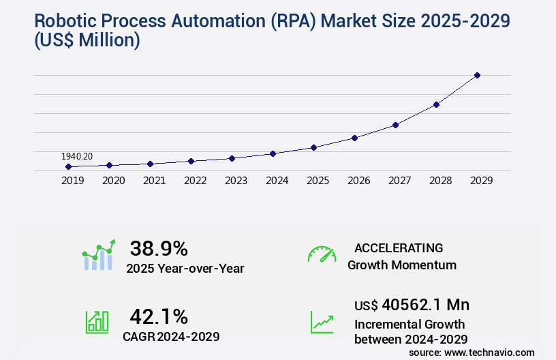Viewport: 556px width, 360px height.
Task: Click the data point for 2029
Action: pyautogui.click(x=477, y=75)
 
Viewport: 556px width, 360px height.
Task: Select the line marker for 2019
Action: pyautogui.click(x=68, y=166)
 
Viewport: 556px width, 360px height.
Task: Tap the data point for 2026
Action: pyautogui.click(x=354, y=138)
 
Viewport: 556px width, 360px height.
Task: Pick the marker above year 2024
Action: pyautogui.click(x=273, y=153)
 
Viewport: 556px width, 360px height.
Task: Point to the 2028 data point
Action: pyautogui.click(x=436, y=104)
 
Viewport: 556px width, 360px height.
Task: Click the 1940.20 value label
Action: pyautogui.click(x=77, y=156)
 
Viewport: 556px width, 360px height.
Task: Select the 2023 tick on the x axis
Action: pyautogui.click(x=236, y=181)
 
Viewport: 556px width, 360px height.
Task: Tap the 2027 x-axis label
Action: pyautogui.click(x=399, y=181)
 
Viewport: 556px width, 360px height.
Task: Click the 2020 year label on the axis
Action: pyautogui.click(x=113, y=181)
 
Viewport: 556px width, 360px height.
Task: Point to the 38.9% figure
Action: pyautogui.click(x=159, y=248)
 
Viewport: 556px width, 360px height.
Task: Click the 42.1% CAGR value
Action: pyautogui.click(x=159, y=316)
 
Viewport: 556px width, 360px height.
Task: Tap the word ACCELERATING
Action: pyautogui.click(x=399, y=247)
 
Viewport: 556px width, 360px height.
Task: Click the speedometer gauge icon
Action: pyautogui.click(x=322, y=254)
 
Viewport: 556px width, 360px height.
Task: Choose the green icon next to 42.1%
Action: pyautogui.click(x=97, y=322)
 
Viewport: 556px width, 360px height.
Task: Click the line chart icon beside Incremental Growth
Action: pyautogui.click(x=322, y=322)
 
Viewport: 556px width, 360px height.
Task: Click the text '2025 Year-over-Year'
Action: pyautogui.click(x=185, y=269)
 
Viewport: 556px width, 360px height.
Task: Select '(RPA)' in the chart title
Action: pyautogui.click(x=289, y=21)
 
